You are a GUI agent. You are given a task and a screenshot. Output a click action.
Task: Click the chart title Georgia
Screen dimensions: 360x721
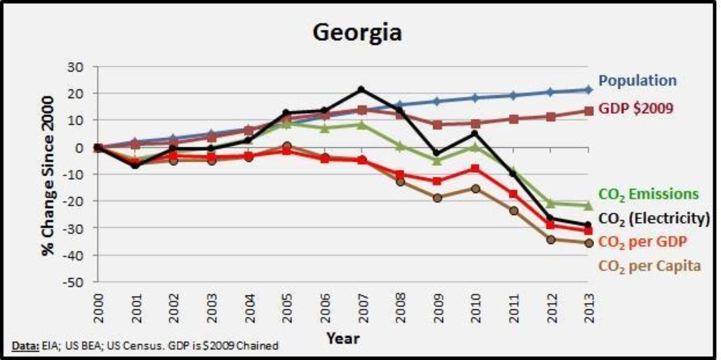pos(358,33)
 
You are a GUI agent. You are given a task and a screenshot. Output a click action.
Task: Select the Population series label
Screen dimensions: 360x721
pos(637,80)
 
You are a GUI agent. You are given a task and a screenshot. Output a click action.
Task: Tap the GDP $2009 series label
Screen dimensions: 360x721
pos(636,108)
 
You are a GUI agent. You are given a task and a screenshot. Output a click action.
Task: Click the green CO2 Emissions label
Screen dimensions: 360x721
pos(649,194)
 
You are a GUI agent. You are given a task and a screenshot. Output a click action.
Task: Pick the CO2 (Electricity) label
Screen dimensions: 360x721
pos(654,218)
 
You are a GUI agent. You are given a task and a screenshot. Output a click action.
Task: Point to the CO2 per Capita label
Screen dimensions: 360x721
pos(649,266)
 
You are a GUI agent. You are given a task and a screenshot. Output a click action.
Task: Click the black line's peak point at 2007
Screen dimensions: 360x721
pos(361,90)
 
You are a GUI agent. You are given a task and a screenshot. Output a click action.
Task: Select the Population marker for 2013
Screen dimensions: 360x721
pos(588,90)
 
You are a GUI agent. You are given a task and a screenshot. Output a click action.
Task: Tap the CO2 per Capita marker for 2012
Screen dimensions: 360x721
pos(551,239)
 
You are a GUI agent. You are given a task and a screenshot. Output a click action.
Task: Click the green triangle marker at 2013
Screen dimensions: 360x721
pos(588,205)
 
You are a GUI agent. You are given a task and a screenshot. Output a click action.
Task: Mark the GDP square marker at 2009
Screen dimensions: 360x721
pos(437,125)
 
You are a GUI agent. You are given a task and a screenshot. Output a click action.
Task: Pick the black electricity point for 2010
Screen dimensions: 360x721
pos(475,133)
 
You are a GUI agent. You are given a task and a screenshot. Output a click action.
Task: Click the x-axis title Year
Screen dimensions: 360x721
pos(343,339)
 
